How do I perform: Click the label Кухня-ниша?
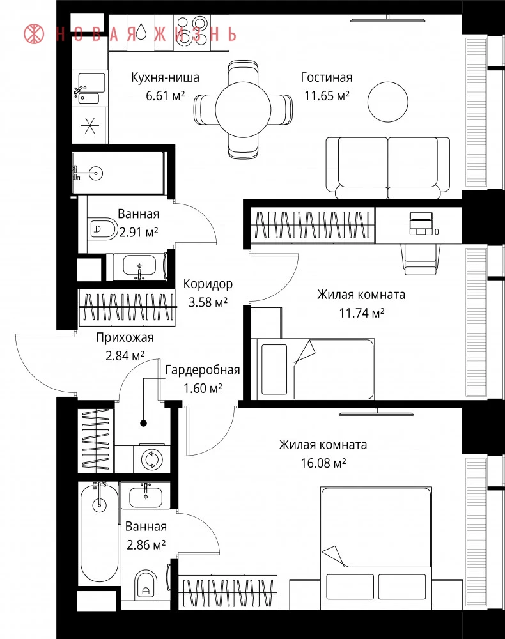(x=165, y=77)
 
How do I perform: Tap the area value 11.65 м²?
(x=327, y=96)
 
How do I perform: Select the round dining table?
(x=243, y=110)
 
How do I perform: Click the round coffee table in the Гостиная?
(x=387, y=102)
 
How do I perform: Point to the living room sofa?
(x=388, y=168)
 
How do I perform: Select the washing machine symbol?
(x=152, y=459)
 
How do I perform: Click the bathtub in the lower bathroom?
(x=100, y=534)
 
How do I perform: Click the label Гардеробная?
(x=203, y=370)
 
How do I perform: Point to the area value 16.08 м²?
(x=323, y=463)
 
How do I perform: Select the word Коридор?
(x=208, y=284)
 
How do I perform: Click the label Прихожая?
(x=125, y=338)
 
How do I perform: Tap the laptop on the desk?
(x=421, y=224)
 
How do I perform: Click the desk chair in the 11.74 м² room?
(x=421, y=259)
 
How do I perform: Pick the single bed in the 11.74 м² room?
(x=313, y=369)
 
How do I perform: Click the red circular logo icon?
(x=34, y=33)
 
